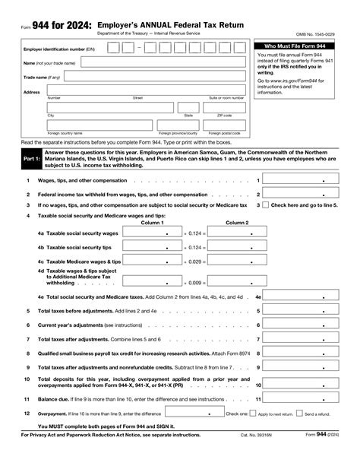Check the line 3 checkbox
click(x=265, y=205)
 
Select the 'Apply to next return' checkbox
click(x=251, y=413)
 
